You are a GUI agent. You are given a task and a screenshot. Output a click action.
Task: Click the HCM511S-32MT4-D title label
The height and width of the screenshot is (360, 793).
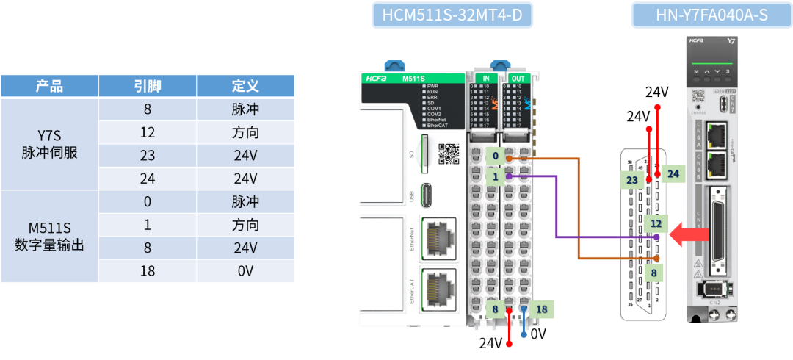click(451, 15)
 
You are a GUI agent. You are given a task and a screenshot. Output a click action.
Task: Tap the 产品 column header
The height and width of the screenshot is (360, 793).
click(49, 86)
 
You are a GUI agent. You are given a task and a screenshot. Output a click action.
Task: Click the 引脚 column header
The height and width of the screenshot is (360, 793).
click(148, 86)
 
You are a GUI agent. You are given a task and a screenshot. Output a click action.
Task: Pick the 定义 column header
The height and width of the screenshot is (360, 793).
click(245, 86)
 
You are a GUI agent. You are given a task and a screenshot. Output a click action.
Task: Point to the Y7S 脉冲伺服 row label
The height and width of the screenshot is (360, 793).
click(49, 144)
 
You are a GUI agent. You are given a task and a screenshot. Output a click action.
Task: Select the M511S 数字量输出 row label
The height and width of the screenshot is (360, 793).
click(49, 237)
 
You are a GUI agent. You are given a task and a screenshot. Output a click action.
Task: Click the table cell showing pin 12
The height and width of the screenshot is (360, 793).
click(148, 133)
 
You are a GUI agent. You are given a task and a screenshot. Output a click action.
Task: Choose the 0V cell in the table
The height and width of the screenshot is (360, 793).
click(245, 271)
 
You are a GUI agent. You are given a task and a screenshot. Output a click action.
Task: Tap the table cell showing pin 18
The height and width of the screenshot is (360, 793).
click(148, 271)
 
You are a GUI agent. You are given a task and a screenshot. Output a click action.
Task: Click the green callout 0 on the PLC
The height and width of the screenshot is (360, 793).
click(496, 156)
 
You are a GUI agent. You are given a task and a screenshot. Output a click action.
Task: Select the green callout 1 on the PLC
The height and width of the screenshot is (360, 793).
click(496, 177)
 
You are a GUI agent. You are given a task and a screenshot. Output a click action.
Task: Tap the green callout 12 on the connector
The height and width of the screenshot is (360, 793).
click(656, 223)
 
